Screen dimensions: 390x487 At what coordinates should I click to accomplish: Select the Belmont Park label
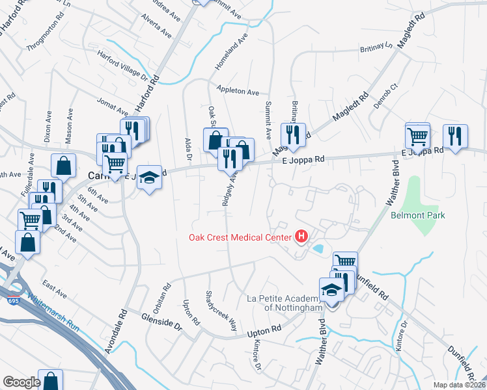417,215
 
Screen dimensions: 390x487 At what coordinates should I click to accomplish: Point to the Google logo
21,382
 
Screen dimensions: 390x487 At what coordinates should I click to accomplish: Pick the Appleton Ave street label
238,92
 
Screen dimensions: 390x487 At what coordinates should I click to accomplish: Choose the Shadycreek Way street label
222,310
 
